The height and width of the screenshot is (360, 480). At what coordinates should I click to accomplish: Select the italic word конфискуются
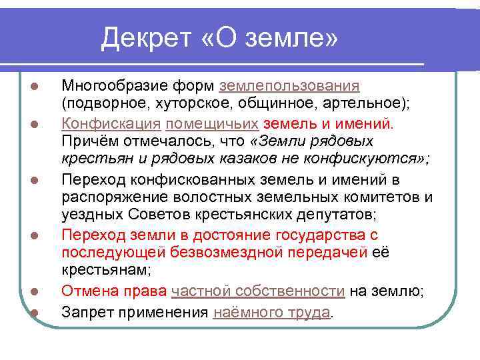point(366,159)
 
